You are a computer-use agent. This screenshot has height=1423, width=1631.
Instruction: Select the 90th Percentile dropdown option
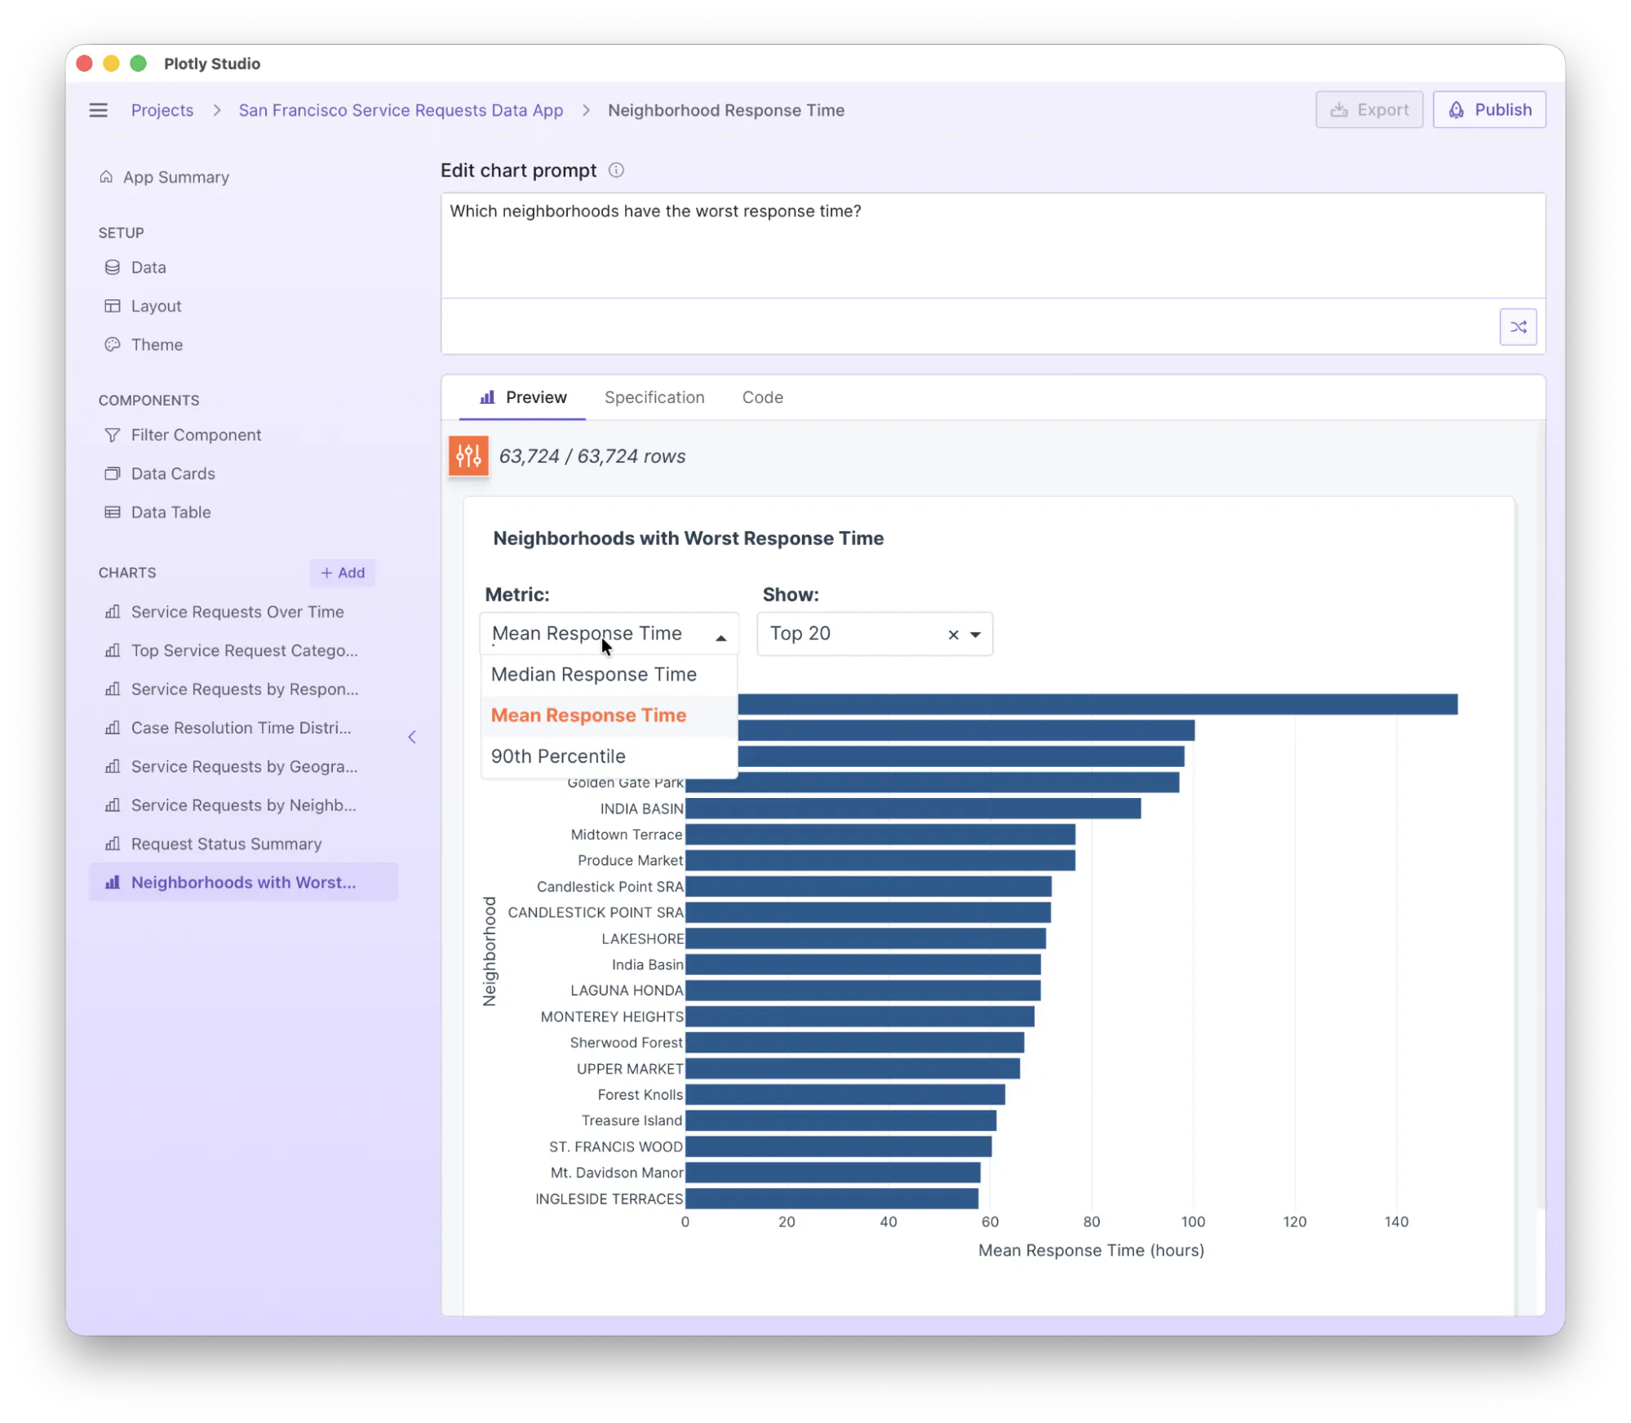point(558,756)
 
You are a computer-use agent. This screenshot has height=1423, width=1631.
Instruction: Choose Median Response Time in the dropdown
point(593,674)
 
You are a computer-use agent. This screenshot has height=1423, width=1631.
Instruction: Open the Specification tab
point(654,397)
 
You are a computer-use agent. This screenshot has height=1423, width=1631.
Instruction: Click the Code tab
point(762,397)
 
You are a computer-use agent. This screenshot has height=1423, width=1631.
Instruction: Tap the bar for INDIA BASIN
point(913,809)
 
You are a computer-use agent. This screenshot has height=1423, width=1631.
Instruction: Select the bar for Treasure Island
point(840,1120)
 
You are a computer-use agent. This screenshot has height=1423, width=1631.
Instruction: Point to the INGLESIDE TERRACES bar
point(831,1199)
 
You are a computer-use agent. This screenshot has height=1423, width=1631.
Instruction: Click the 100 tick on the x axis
point(1193,1221)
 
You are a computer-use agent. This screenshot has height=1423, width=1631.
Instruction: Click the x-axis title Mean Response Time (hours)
point(1091,1250)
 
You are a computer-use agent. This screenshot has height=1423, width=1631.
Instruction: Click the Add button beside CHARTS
point(343,573)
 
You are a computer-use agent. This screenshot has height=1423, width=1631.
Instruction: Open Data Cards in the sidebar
point(173,473)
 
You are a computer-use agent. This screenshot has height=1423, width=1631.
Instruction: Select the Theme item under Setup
point(157,344)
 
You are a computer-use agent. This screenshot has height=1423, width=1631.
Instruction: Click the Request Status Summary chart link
point(226,844)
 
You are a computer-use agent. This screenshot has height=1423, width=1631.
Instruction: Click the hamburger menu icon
point(98,110)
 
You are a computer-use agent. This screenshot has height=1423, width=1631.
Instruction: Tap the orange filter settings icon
point(468,455)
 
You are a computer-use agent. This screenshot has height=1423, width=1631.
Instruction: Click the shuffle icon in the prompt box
point(1518,326)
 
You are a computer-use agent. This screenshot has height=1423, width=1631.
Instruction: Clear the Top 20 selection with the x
point(953,635)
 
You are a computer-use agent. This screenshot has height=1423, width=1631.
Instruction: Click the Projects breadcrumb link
point(162,110)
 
